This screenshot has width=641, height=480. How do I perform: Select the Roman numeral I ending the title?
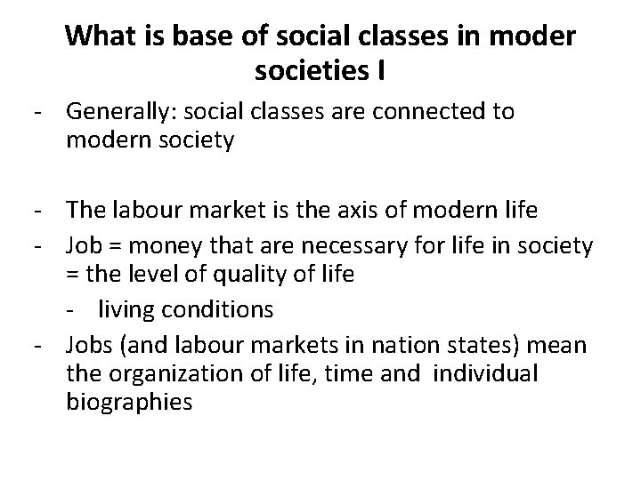click(x=381, y=68)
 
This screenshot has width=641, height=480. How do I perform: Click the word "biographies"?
click(x=128, y=403)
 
